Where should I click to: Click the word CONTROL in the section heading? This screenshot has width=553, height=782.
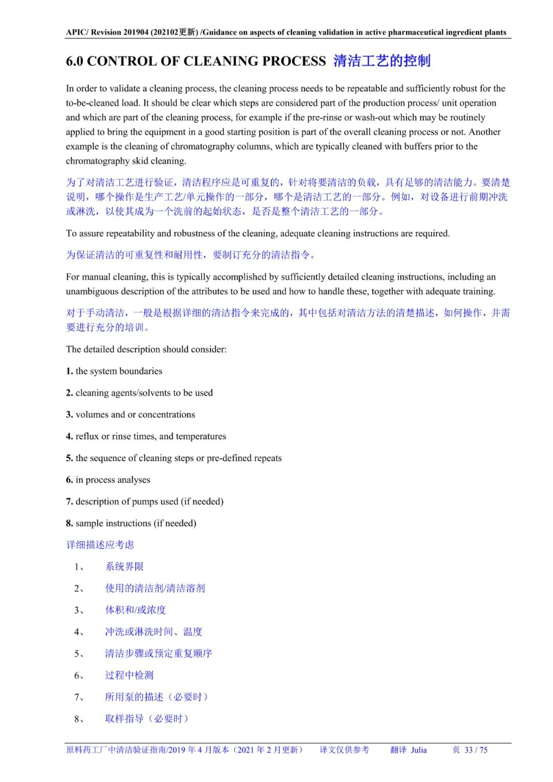coord(120,61)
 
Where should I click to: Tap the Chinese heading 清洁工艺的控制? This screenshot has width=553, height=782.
coord(381,61)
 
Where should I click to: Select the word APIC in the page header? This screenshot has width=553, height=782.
coord(76,32)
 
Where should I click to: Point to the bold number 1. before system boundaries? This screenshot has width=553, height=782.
coord(69,371)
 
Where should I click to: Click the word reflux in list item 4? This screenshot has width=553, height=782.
coord(87,436)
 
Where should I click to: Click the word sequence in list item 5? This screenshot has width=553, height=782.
coord(109,458)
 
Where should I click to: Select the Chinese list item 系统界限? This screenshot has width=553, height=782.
coord(124,566)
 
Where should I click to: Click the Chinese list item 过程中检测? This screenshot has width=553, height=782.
coord(129,675)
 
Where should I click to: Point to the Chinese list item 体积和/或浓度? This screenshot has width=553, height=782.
coord(136,610)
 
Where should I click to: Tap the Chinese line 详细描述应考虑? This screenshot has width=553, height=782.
coord(100,545)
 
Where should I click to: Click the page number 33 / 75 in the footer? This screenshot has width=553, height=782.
coord(476,750)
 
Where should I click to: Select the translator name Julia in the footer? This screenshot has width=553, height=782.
coord(418,750)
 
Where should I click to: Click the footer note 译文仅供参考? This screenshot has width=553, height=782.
coord(344,750)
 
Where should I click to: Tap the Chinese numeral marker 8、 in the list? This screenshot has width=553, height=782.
coord(79,719)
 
